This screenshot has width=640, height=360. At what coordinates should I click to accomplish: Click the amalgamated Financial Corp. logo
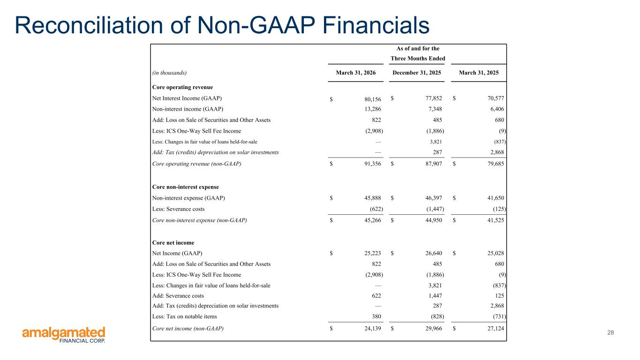pyautogui.click(x=64, y=335)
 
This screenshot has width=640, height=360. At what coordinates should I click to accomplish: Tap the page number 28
pyautogui.click(x=610, y=332)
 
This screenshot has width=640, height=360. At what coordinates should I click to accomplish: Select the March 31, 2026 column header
pyautogui.click(x=356, y=73)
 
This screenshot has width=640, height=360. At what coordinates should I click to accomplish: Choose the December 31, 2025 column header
pyautogui.click(x=416, y=73)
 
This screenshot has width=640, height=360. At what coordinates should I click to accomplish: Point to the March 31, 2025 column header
pyautogui.click(x=479, y=73)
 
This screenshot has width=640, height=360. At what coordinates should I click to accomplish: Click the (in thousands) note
pyautogui.click(x=169, y=73)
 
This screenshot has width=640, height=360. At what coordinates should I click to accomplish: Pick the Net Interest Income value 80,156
pyautogui.click(x=373, y=99)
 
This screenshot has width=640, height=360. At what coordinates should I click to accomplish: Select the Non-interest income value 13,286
pyautogui.click(x=373, y=109)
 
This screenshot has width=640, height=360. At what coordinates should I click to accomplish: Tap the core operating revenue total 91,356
pyautogui.click(x=373, y=164)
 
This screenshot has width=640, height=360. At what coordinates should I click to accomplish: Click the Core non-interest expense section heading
pyautogui.click(x=185, y=187)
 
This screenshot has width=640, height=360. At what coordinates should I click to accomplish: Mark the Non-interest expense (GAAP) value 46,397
pyautogui.click(x=434, y=198)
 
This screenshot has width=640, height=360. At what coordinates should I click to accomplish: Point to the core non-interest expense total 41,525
pyautogui.click(x=496, y=220)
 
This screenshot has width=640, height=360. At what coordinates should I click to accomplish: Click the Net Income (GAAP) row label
pyautogui.click(x=177, y=253)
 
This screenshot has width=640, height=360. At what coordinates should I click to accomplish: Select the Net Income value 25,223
pyautogui.click(x=373, y=253)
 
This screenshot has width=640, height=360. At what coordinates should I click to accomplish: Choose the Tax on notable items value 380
pyautogui.click(x=376, y=316)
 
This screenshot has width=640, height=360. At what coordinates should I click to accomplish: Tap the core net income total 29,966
pyautogui.click(x=434, y=328)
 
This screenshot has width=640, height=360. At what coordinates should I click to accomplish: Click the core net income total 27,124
pyautogui.click(x=496, y=328)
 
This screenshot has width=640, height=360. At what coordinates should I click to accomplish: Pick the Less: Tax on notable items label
pyautogui.click(x=185, y=316)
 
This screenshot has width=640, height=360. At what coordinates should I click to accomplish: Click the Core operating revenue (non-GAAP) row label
pyautogui.click(x=196, y=164)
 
